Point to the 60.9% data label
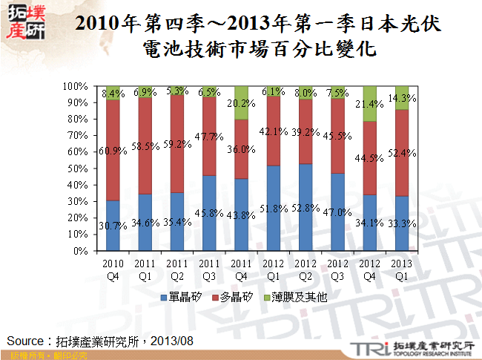pyautogui.click(x=113, y=151)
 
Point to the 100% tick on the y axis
pyautogui.click(x=75, y=86)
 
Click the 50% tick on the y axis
pyautogui.click(x=77, y=168)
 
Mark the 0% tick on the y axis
pyautogui.click(x=80, y=251)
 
